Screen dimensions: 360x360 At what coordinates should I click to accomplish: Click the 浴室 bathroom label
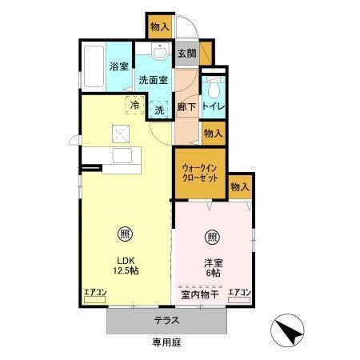tap(119, 66)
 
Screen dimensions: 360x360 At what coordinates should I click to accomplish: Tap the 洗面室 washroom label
tap(153, 79)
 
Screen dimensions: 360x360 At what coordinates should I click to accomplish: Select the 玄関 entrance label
tap(186, 54)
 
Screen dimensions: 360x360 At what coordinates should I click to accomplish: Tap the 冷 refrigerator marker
tap(134, 103)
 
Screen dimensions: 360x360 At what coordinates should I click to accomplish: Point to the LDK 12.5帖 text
tap(126, 266)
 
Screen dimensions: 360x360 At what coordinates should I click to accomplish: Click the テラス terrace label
tap(166, 320)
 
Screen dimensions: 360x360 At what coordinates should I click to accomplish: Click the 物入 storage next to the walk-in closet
tap(240, 186)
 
